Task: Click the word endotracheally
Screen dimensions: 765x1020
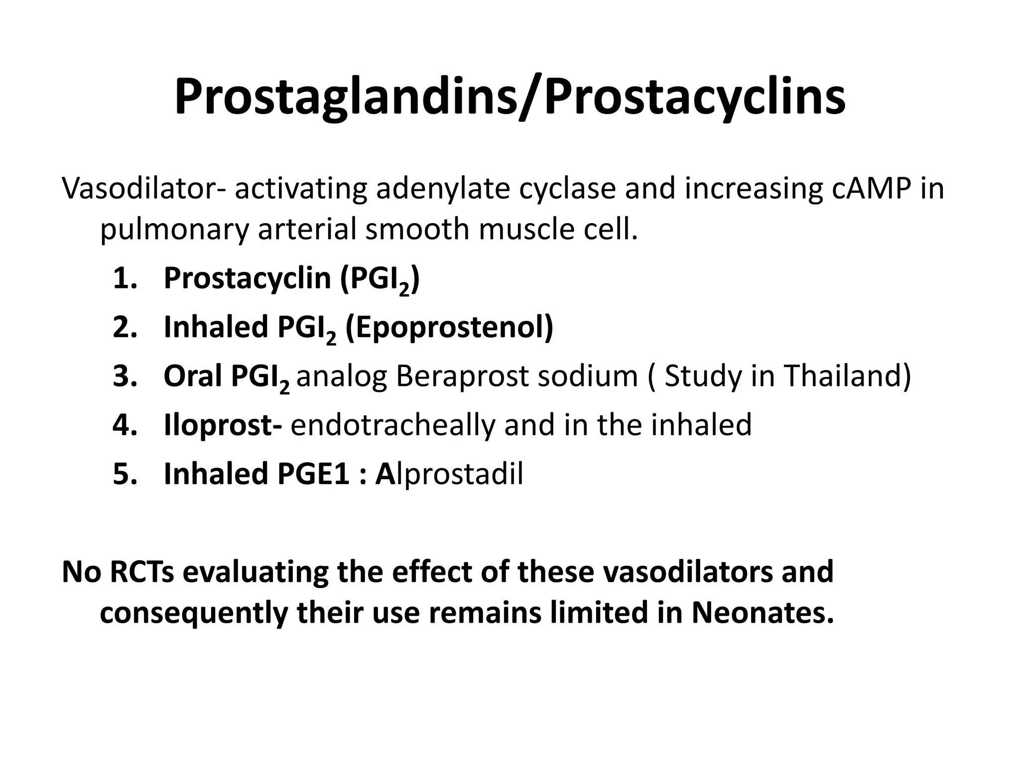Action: point(392,425)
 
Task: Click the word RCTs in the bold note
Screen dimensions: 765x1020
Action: point(141,572)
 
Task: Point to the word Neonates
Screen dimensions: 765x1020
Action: point(762,613)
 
